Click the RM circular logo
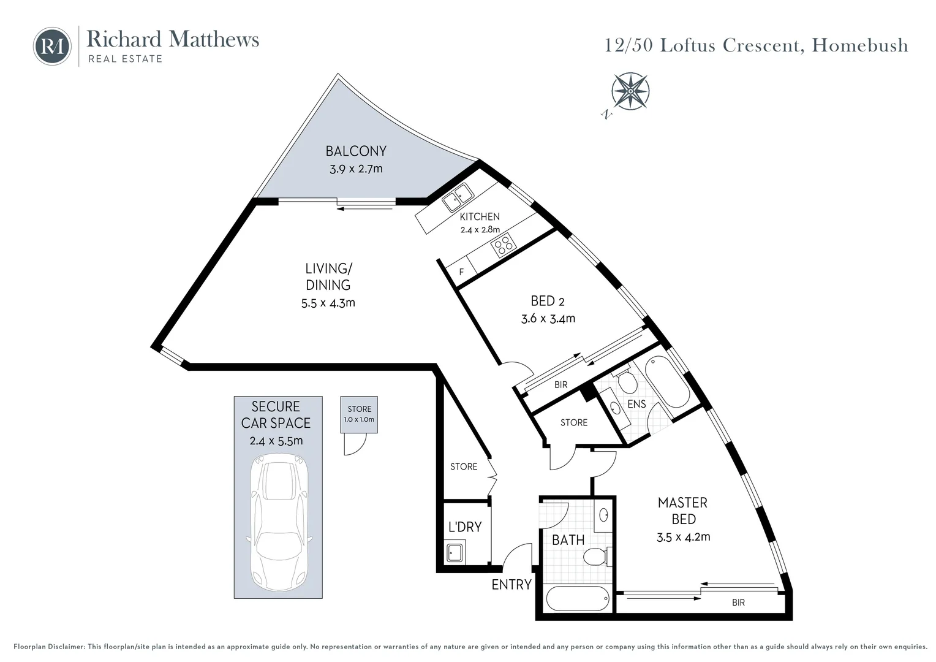[x=52, y=46]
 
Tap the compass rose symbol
[x=630, y=91]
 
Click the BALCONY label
[x=356, y=151]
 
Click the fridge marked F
[x=461, y=272]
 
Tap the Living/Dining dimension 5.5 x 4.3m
[x=328, y=303]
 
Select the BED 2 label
[x=548, y=301]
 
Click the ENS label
[x=636, y=404]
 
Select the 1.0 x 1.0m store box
[x=359, y=414]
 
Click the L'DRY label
[x=465, y=527]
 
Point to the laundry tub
[x=455, y=552]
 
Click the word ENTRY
[x=511, y=585]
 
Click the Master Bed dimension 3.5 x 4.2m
[x=683, y=538]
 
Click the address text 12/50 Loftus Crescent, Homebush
[x=756, y=45]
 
